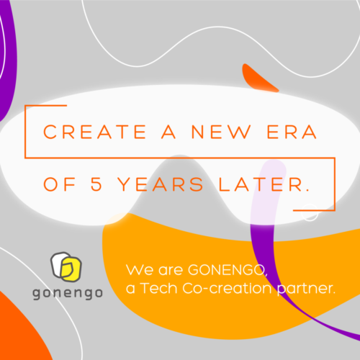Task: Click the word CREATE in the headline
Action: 95,132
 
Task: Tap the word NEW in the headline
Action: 221,132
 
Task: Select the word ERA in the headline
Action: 292,132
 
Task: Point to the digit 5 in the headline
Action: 96,184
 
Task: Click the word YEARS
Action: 161,184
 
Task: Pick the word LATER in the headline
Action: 260,184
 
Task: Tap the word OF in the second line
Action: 59,184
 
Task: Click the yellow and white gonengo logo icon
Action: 66,266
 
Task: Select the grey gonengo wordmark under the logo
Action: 68,293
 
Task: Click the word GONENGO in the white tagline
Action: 228,270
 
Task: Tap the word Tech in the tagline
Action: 159,288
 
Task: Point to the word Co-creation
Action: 227,288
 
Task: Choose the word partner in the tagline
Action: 306,289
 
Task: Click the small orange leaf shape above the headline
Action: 259,78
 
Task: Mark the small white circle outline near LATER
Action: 310,212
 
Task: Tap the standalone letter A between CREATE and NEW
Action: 168,132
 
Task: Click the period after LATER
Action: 307,189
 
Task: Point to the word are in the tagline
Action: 171,271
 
